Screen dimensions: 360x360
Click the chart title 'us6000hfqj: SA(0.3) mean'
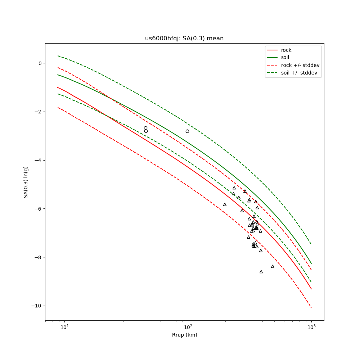pyautogui.click(x=184, y=39)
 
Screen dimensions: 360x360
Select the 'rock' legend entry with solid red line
pyautogui.click(x=286, y=50)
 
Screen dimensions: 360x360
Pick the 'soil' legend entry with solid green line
pyautogui.click(x=285, y=58)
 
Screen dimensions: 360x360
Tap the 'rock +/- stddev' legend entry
pyautogui.click(x=300, y=65)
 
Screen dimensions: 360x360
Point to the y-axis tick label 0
pyautogui.click(x=40, y=63)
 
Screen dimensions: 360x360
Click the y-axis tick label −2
pyautogui.click(x=38, y=112)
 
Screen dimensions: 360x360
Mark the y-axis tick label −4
pyautogui.click(x=38, y=160)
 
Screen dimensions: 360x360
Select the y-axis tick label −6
pyautogui.click(x=38, y=209)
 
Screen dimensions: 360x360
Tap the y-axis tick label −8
pyautogui.click(x=38, y=257)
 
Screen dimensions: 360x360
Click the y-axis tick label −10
pyautogui.click(x=37, y=306)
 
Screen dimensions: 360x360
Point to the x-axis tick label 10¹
pyautogui.click(x=64, y=327)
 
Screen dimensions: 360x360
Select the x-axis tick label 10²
pyautogui.click(x=188, y=327)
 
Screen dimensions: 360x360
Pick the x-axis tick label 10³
pyautogui.click(x=311, y=327)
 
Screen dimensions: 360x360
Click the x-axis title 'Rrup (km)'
pyautogui.click(x=184, y=335)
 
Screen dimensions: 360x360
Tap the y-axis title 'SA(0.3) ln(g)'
pyautogui.click(x=26, y=182)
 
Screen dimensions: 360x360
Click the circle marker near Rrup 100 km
pyautogui.click(x=187, y=131)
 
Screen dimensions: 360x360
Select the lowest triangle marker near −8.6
pyautogui.click(x=261, y=272)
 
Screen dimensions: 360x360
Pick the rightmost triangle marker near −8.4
pyautogui.click(x=273, y=266)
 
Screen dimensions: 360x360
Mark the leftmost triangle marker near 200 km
pyautogui.click(x=225, y=204)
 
